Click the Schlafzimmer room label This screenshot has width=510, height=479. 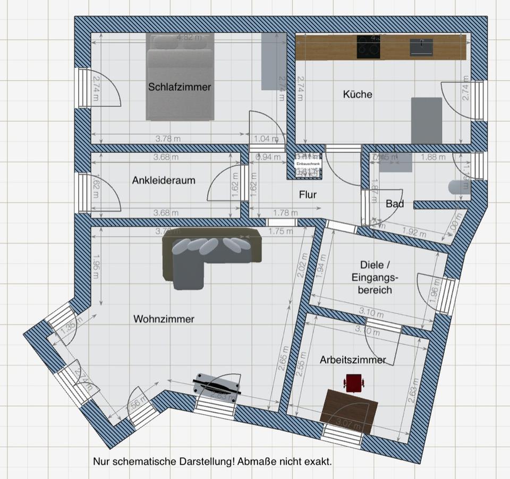[180, 87]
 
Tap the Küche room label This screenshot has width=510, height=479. [358, 95]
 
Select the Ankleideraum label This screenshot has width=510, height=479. [164, 180]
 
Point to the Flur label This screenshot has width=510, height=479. [308, 195]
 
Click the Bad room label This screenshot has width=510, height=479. [395, 203]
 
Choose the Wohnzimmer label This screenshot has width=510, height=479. [164, 319]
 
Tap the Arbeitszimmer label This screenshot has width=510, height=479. [353, 360]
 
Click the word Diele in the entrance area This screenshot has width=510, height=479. [372, 265]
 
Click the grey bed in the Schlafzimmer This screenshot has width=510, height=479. [180, 77]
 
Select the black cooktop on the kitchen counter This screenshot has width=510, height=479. [369, 46]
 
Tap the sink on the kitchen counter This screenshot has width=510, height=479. [421, 47]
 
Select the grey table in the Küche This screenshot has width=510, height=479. [427, 119]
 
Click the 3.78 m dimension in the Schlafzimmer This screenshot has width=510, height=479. [166, 139]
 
